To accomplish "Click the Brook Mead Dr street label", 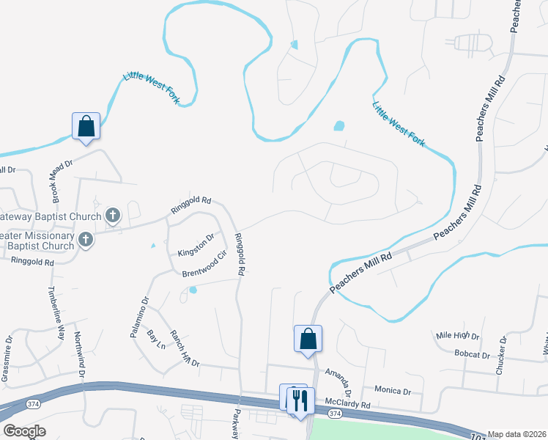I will (x=63, y=182).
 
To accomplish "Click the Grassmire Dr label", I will (x=7, y=359).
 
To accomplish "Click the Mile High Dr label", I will (x=457, y=336).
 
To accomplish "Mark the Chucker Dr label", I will (x=502, y=356).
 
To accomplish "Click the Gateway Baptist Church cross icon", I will (x=112, y=216).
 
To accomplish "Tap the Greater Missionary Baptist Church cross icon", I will (x=85, y=240).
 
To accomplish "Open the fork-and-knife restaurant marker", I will (x=300, y=400).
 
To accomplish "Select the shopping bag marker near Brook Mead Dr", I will (x=86, y=126).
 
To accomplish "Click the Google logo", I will (x=24, y=431).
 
